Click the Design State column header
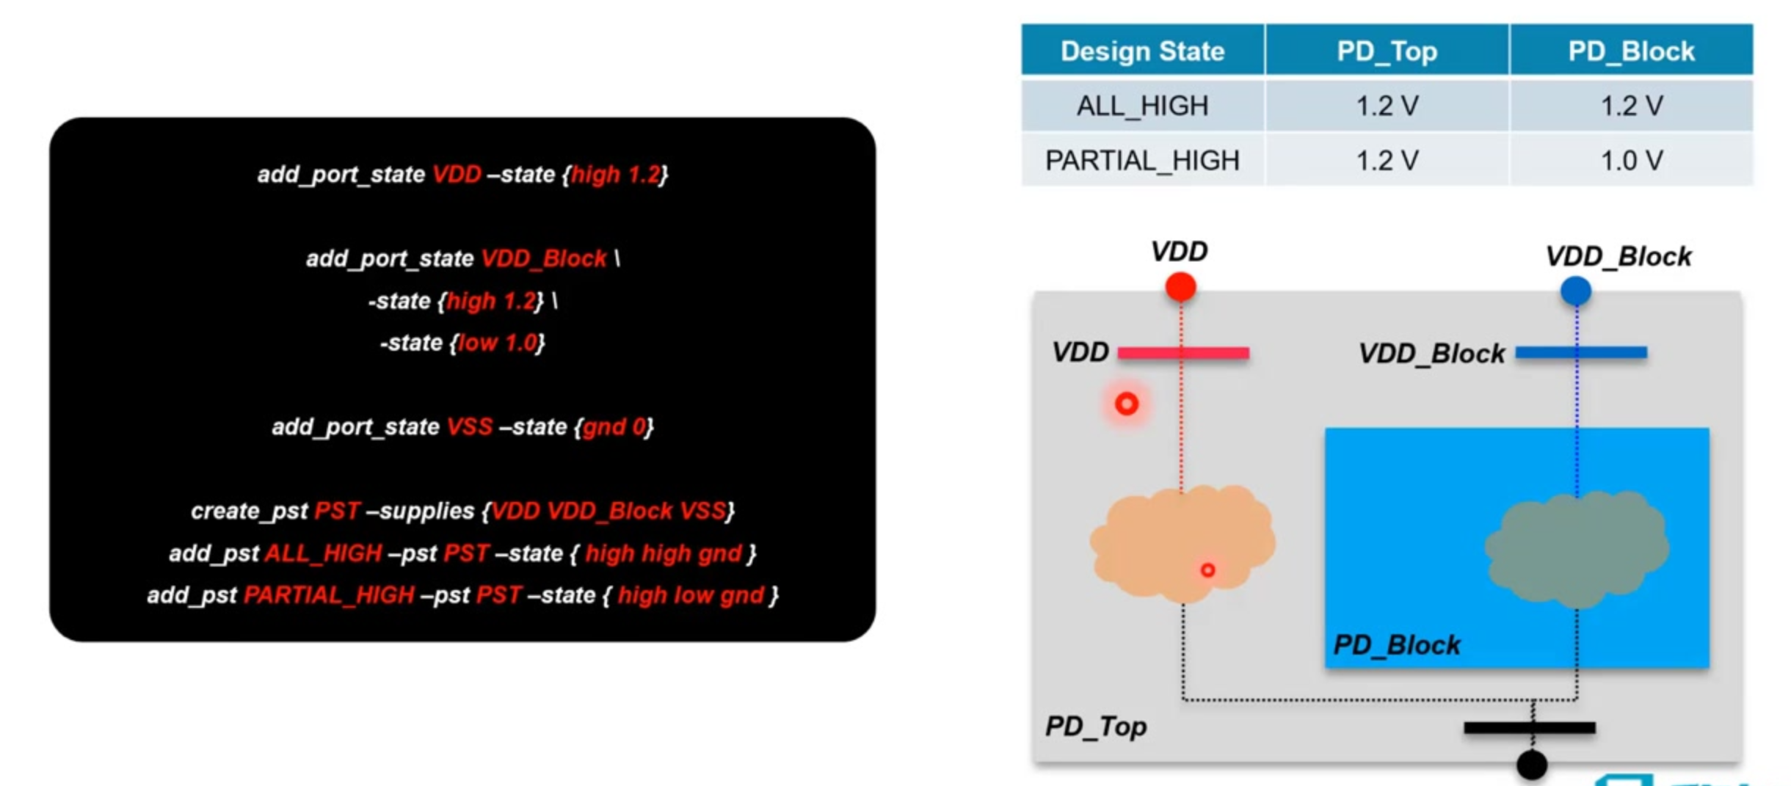pos(1142,51)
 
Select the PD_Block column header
pos(1631,51)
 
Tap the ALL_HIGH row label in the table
pos(1142,106)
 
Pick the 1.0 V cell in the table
pos(1631,160)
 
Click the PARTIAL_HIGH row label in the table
pos(1142,160)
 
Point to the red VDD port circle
pos(1180,286)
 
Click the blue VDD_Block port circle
pos(1575,291)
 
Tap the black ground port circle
pos(1532,765)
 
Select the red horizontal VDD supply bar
pos(1183,353)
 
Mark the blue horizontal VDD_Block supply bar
pos(1581,352)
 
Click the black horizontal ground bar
pos(1530,727)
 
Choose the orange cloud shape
pos(1182,543)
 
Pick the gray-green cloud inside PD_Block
pos(1577,549)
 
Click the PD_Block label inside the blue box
pos(1396,645)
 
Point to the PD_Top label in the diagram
pos(1095,727)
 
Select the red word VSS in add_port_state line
pos(469,426)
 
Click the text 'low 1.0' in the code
pos(498,343)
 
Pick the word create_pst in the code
pos(249,511)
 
